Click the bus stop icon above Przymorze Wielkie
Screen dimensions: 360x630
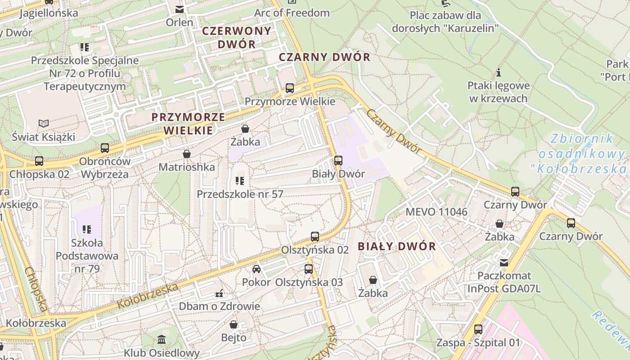pos(290,88)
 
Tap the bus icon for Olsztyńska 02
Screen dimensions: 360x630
pos(315,236)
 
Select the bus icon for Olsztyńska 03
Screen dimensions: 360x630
pos(309,269)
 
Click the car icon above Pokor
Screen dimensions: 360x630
pos(256,269)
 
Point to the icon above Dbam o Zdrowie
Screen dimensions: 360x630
pos(220,293)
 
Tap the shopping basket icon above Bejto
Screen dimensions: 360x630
pos(234,324)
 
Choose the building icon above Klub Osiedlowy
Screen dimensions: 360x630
pos(162,339)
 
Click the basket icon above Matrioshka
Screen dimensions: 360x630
pos(187,154)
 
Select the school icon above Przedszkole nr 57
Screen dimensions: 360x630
pos(240,181)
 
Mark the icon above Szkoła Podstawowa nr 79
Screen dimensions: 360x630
pos(87,229)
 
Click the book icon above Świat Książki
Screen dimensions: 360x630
pos(44,123)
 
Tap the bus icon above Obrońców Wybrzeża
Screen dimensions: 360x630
pos(105,148)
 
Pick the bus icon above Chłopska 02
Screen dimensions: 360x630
pos(39,161)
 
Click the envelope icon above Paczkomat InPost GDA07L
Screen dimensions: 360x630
pos(504,262)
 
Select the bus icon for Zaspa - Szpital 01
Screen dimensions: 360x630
pos(478,329)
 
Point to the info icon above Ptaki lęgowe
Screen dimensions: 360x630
pos(499,72)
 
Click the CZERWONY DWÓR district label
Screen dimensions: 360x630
pos(237,37)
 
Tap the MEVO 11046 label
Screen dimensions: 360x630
pos(436,212)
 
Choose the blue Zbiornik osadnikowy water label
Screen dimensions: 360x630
pos(583,153)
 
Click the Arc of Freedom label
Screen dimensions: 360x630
pos(292,13)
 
